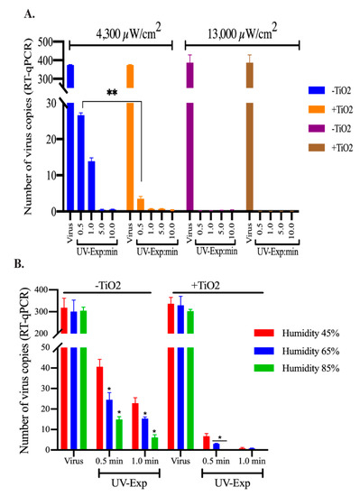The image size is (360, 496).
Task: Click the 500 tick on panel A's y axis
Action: [x=52, y=42]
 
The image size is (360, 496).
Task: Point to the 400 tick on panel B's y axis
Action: [x=54, y=290]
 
